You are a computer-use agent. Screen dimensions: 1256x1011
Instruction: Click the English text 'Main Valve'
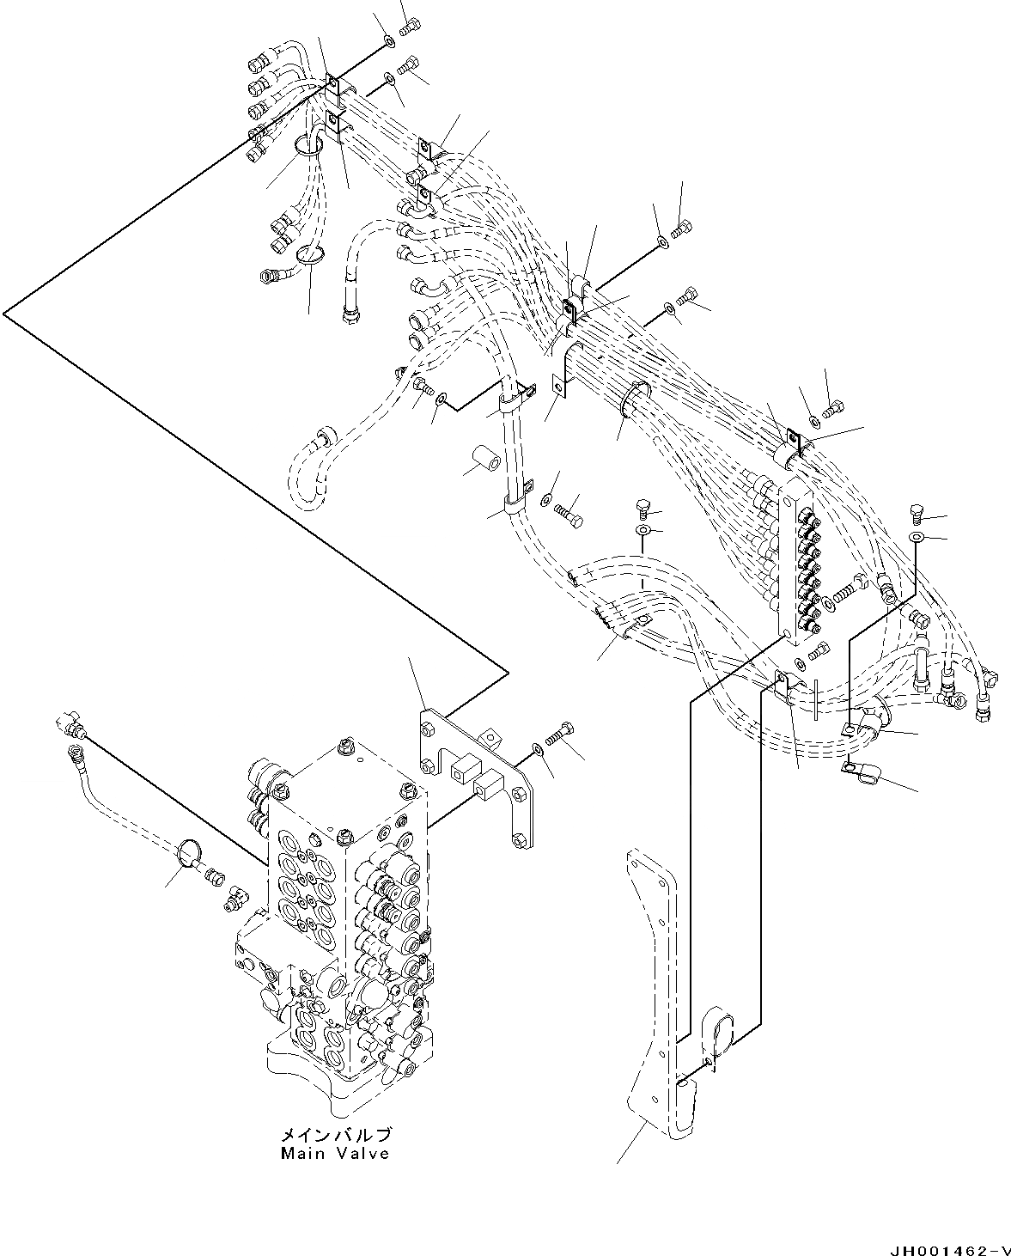pyautogui.click(x=335, y=1153)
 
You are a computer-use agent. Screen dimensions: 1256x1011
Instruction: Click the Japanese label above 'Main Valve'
pyautogui.click(x=335, y=1135)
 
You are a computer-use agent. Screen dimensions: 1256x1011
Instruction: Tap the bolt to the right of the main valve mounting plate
pyautogui.click(x=561, y=735)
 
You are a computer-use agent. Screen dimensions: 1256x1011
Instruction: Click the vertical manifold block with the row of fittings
pyautogui.click(x=795, y=567)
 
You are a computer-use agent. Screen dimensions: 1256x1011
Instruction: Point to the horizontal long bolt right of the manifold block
pyautogui.click(x=845, y=592)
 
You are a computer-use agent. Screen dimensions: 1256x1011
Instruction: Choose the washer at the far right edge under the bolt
pyautogui.click(x=917, y=537)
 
